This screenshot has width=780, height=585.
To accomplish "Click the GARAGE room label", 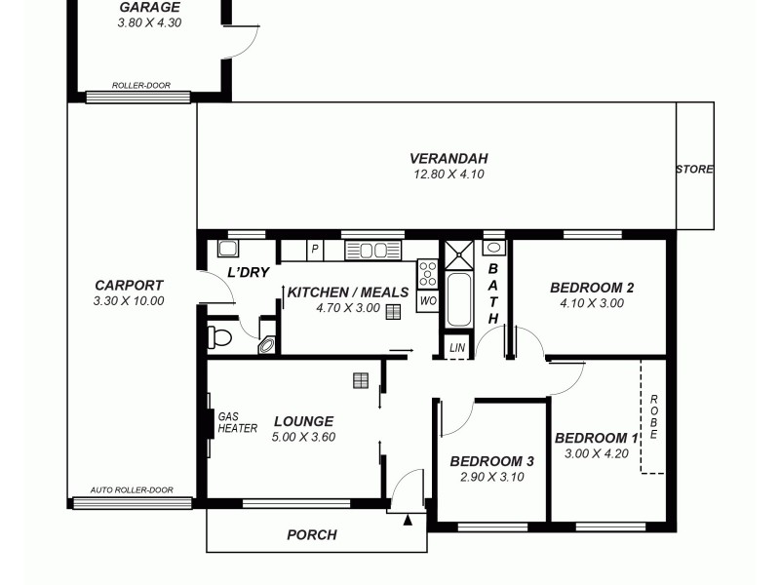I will pos(149,7).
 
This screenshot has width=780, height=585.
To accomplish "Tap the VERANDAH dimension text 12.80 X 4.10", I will pos(448,175).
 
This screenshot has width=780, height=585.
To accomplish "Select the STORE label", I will pos(694,170).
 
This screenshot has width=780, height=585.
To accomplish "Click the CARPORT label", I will pos(129,286).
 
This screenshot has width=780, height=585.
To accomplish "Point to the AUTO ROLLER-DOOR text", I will pos(132,490).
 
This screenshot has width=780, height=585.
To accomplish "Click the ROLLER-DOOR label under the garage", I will pos(140,86).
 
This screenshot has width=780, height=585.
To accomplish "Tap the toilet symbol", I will pos(219,337).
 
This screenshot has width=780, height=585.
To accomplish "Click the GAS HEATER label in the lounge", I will pos(237,421).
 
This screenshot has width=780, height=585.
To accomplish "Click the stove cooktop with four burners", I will pos(427,274).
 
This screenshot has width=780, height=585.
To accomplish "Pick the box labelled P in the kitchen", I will pos(315,250).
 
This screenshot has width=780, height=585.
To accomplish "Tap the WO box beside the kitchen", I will pos(427,302).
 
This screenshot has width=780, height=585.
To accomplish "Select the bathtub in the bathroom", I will pos(458,300).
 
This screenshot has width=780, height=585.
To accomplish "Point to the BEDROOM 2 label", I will pos(592,288).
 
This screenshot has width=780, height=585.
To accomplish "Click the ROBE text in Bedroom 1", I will pos(654,416).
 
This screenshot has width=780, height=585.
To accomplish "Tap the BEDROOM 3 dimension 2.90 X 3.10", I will pos(492,477).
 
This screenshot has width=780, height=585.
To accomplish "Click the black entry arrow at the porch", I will pos(408,520).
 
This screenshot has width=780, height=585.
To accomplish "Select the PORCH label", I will pos(312,534).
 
